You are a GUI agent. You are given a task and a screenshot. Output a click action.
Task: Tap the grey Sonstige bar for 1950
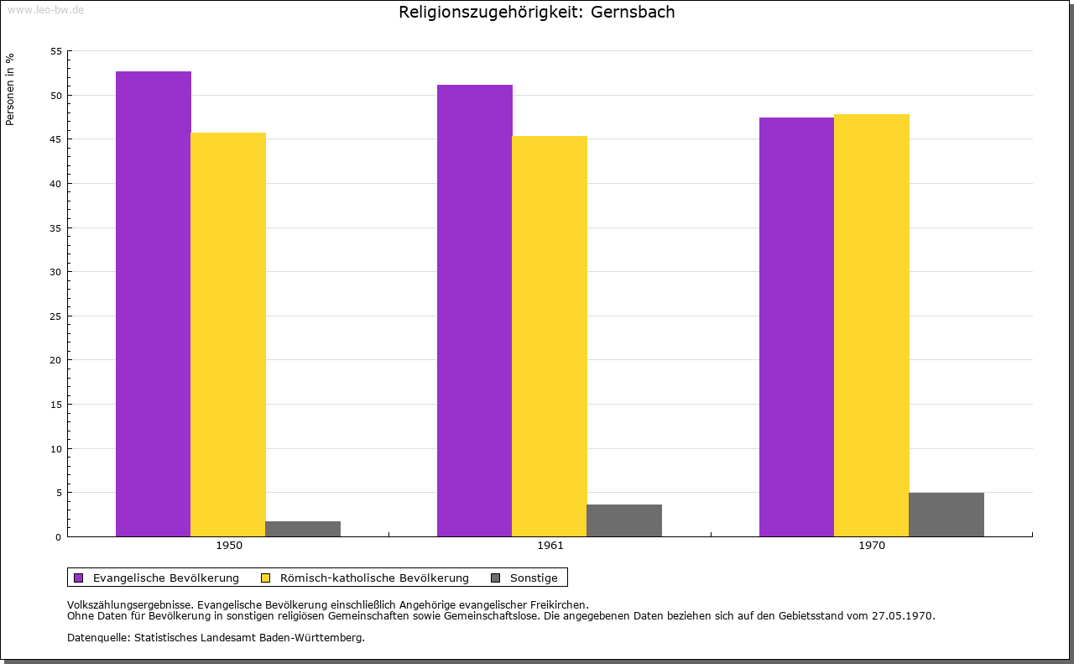(x=303, y=529)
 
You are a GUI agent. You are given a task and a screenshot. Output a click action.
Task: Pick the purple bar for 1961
(x=475, y=311)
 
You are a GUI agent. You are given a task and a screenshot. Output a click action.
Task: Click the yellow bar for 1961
(x=550, y=336)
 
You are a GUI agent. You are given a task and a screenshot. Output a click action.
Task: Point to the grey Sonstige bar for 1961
(x=624, y=520)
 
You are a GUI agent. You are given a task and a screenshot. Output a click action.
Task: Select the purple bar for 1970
(x=796, y=327)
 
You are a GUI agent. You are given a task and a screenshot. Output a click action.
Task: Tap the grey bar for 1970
(x=946, y=515)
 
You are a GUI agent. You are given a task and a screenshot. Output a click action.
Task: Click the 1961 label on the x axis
(x=550, y=546)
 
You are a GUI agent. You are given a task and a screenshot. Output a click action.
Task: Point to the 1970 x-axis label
(x=872, y=546)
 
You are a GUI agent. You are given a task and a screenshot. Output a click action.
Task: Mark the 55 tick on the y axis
(x=56, y=51)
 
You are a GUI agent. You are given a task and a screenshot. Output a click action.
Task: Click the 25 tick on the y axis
(x=56, y=316)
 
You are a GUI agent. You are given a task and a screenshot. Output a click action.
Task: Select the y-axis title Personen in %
(x=10, y=89)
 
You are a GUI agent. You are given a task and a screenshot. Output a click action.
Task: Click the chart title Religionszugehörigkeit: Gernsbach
(x=537, y=13)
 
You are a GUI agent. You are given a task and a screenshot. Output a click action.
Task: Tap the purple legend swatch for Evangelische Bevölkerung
(x=79, y=578)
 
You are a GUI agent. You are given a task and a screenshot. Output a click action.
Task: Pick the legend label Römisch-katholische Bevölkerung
(x=374, y=578)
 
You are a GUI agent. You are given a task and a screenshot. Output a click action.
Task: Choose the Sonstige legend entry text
(x=534, y=578)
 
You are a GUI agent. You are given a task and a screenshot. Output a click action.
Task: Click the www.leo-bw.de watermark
(x=45, y=8)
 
